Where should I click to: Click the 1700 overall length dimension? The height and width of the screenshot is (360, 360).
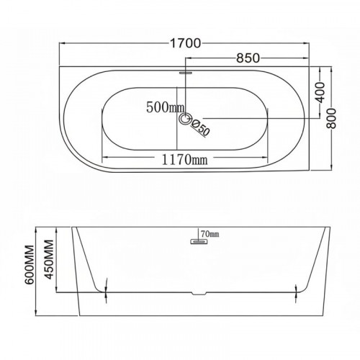coord(185,43)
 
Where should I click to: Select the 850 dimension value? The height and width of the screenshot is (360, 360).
coord(248,58)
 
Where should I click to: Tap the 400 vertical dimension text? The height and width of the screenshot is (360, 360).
coord(320,92)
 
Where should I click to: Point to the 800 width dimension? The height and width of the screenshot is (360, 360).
coord(331,118)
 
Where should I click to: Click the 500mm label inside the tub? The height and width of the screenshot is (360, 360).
coord(166,107)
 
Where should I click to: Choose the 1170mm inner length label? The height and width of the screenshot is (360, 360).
coord(184,159)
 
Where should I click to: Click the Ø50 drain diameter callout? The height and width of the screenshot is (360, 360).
coord(201,128)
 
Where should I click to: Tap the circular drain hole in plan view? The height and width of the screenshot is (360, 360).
coord(185,119)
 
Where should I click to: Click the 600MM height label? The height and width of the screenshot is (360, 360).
coord(30,265)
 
